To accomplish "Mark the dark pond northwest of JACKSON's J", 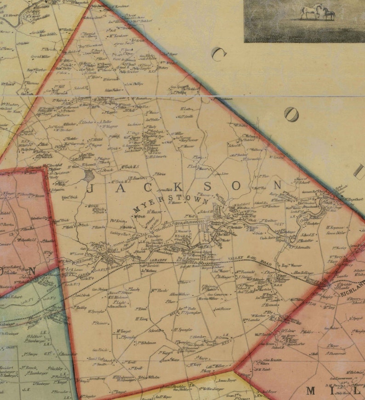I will (x=89, y=175).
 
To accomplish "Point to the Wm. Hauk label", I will (x=159, y=290).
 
